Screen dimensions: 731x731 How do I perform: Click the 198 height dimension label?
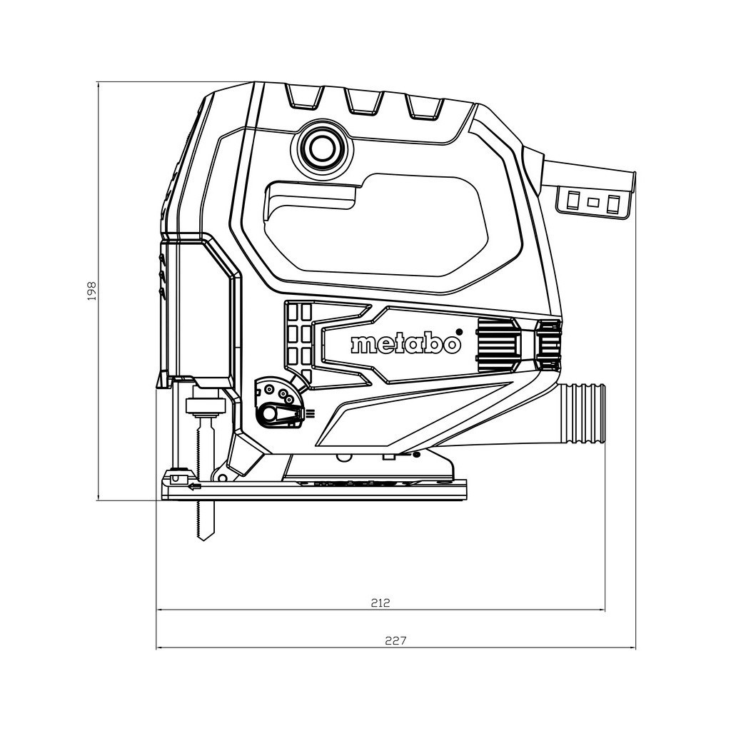(91, 291)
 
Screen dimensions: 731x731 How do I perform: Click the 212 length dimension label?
(380, 602)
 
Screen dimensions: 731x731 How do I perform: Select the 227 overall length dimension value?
(395, 640)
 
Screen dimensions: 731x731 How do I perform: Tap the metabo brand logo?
(405, 344)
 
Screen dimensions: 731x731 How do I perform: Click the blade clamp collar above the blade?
(206, 408)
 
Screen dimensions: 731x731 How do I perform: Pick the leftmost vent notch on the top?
(303, 98)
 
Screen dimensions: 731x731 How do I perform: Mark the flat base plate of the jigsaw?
(314, 490)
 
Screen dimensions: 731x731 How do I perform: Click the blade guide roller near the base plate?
(176, 476)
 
